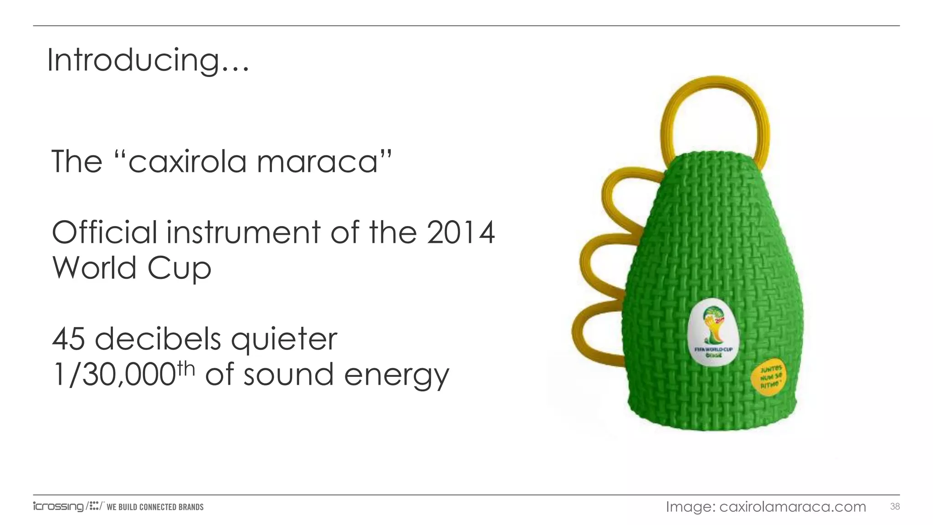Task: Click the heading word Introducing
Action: [148, 61]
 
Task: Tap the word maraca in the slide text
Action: [318, 162]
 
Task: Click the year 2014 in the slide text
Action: [461, 232]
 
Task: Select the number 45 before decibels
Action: [68, 339]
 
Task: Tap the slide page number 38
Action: [895, 506]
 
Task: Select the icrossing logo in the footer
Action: [58, 506]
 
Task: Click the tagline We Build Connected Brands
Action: [155, 507]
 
